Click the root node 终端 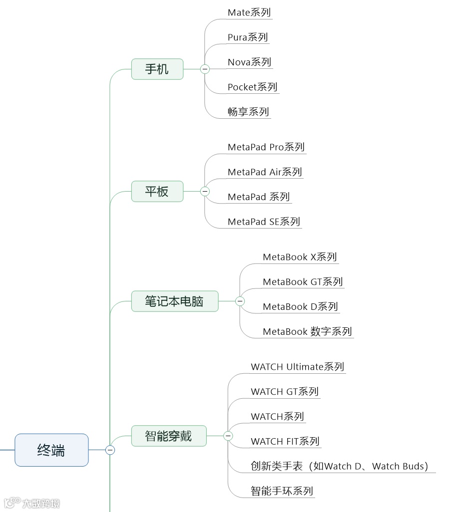(51, 450)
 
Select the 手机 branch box (157, 69)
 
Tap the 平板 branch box (157, 191)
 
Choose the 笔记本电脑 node (175, 301)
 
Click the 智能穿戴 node (169, 436)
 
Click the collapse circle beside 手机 (205, 69)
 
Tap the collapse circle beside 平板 (205, 191)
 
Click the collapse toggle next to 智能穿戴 (228, 436)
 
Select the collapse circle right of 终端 (110, 450)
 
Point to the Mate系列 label (249, 12)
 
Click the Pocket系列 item (252, 87)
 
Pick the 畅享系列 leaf (248, 112)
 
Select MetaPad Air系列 (265, 172)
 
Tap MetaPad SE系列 (264, 222)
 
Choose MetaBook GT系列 (303, 282)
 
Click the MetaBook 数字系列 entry (307, 331)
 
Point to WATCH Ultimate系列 (297, 367)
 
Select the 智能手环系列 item (282, 491)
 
